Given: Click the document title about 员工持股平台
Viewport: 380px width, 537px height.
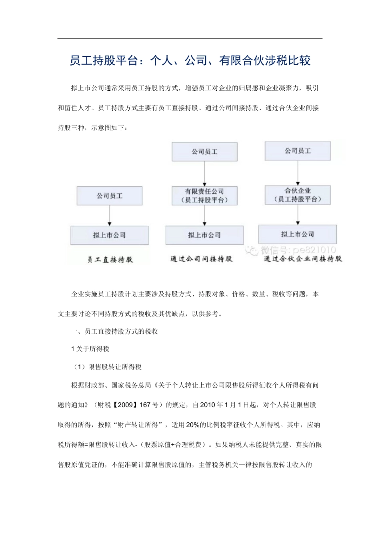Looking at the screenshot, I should point(190,61).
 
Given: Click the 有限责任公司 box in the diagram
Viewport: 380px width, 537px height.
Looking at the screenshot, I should point(204,195).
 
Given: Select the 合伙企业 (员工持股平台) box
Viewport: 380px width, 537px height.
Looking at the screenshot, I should point(298,195).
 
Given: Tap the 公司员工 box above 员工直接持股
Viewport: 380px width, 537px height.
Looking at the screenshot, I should point(109,196).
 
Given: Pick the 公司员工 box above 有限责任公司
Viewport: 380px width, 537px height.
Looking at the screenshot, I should point(204,152).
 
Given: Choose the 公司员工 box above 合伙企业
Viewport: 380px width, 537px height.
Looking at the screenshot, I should point(298,151).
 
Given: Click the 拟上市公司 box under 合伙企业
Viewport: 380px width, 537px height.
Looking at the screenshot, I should point(297,234).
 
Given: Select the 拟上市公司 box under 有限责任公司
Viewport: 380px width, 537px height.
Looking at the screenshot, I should point(204,235).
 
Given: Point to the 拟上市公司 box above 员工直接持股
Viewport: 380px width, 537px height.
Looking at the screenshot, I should point(109,235).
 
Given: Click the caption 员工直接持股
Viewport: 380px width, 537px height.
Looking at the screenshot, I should point(110,260).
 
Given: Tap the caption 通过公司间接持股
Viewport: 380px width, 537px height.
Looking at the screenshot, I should point(201,259).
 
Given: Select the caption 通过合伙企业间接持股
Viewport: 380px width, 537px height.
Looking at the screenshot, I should point(303,259).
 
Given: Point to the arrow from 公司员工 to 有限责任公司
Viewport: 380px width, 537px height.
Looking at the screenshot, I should point(204,174).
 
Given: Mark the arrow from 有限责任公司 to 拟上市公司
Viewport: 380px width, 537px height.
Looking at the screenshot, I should point(204,216).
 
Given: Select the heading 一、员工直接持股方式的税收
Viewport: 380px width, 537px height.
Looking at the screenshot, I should point(114,331).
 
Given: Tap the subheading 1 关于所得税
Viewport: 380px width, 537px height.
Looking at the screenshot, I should point(90,349).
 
